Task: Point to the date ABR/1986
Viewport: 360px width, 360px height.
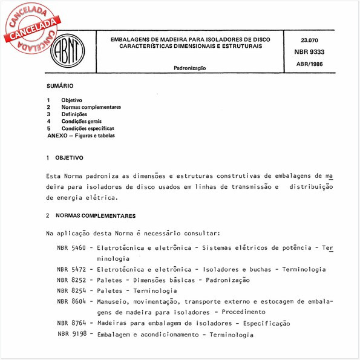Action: [x=309, y=64]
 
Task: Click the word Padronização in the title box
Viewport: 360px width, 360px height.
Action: [x=190, y=68]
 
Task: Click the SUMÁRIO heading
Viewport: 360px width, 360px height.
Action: [x=60, y=87]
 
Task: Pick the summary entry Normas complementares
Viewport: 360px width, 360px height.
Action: [x=91, y=107]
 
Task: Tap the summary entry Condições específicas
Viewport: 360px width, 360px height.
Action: [x=88, y=129]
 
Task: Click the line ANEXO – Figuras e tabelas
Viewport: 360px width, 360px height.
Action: [x=84, y=136]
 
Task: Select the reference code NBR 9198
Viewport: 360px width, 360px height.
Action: [x=72, y=334]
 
